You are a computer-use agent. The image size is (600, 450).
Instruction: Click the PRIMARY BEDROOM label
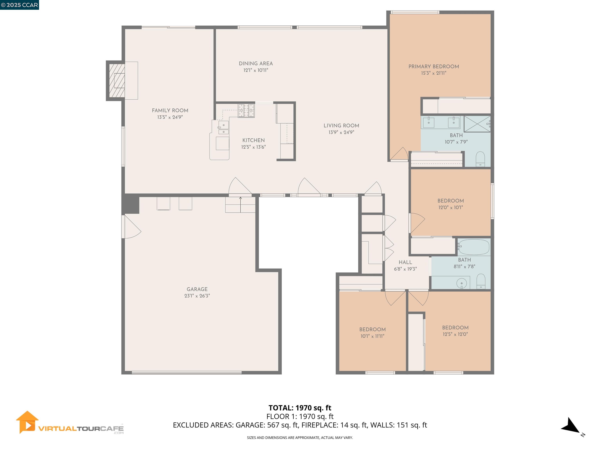click(433, 66)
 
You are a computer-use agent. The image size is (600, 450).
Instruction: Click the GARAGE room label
click(197, 289)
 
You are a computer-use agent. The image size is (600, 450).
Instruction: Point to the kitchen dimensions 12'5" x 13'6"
click(253, 147)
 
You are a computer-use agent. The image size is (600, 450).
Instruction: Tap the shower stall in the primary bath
click(477, 124)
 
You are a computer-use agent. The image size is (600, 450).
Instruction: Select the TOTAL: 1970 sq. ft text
click(300, 408)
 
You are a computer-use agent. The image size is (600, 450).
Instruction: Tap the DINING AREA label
click(255, 63)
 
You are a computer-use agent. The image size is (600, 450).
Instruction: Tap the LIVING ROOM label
click(341, 126)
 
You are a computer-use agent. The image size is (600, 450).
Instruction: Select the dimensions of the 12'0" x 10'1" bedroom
click(451, 207)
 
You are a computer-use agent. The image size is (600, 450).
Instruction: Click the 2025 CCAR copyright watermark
click(20, 5)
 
